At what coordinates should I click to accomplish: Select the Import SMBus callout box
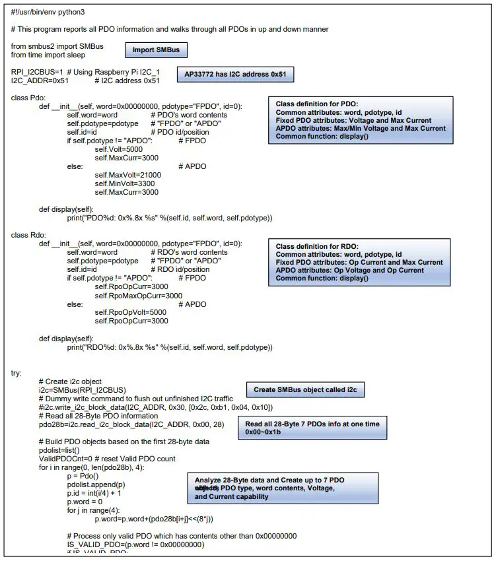[156, 50]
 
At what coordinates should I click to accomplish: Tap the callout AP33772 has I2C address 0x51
[234, 75]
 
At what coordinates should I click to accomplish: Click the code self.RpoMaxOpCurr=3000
[139, 296]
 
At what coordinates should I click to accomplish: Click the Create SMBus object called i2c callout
[305, 390]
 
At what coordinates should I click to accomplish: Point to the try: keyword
[17, 373]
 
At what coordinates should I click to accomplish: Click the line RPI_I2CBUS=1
[37, 72]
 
